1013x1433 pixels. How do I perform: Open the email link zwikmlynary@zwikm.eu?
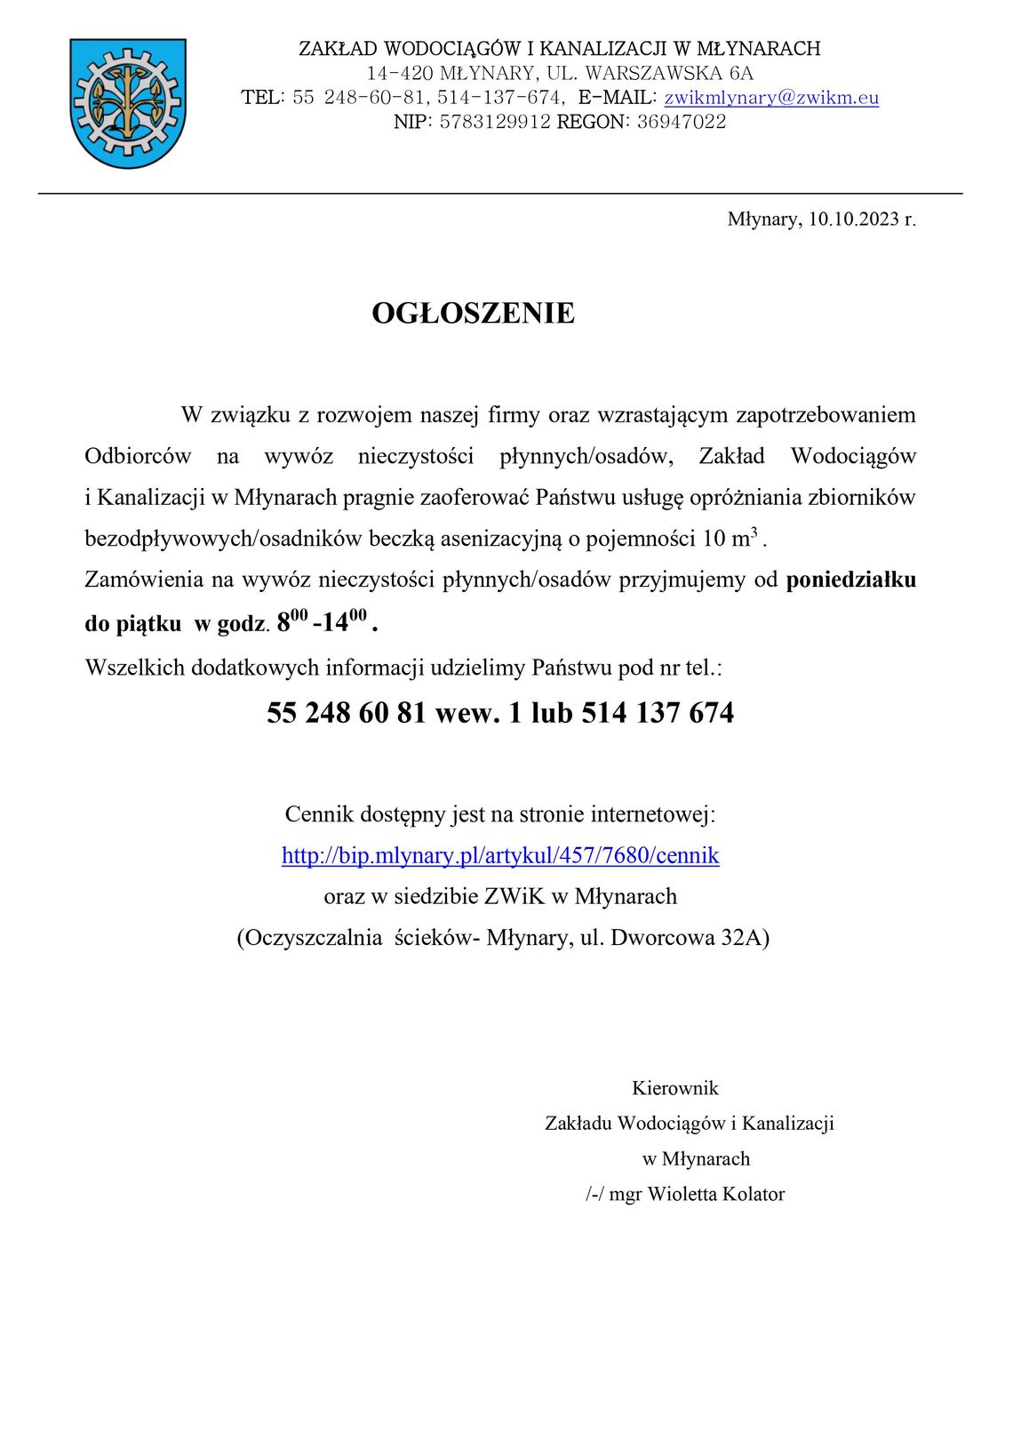(771, 98)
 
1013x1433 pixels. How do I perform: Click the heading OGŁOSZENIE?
(473, 313)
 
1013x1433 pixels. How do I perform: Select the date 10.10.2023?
(853, 219)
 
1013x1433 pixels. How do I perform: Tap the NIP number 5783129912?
(495, 122)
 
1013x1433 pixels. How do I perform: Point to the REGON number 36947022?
(681, 122)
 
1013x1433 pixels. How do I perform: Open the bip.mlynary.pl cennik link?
(500, 855)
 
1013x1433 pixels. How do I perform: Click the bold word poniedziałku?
(850, 580)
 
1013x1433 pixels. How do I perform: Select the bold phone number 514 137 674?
(658, 713)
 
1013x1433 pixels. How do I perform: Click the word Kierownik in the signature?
(675, 1088)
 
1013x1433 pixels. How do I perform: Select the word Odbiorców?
(138, 456)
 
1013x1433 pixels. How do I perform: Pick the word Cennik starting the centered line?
(319, 813)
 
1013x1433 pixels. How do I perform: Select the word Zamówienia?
(140, 580)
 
